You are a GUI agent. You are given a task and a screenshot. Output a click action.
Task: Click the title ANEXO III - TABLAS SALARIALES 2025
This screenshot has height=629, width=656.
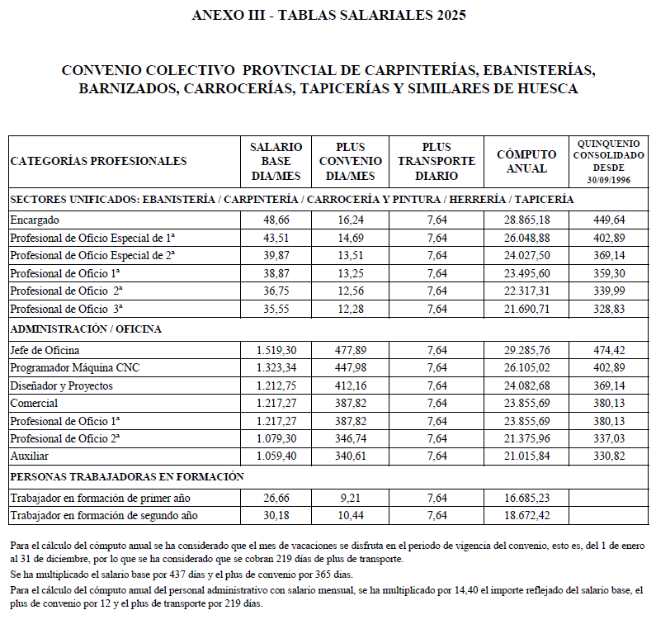(x=328, y=14)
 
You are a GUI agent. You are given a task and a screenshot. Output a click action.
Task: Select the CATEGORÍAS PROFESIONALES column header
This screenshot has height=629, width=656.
(x=99, y=161)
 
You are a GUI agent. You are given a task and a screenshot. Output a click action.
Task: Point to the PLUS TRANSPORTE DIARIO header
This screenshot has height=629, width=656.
(x=437, y=161)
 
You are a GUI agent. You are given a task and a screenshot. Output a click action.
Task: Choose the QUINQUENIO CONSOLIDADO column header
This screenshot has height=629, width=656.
(x=608, y=161)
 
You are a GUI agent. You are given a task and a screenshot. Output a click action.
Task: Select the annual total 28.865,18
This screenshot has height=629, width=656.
(x=521, y=220)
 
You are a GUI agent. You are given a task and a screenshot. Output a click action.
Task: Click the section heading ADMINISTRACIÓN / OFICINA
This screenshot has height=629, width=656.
(x=86, y=329)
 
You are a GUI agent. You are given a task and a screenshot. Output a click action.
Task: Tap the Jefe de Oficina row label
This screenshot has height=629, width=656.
(x=45, y=351)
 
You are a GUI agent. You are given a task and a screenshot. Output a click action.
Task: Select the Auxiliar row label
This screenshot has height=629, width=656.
(x=29, y=455)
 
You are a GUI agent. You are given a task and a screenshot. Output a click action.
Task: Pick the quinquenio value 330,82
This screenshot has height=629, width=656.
(x=609, y=455)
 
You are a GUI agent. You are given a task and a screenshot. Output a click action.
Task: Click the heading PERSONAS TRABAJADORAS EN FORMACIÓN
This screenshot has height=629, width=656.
(x=127, y=476)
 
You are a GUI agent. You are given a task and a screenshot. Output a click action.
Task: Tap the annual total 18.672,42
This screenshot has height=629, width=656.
(x=521, y=516)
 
